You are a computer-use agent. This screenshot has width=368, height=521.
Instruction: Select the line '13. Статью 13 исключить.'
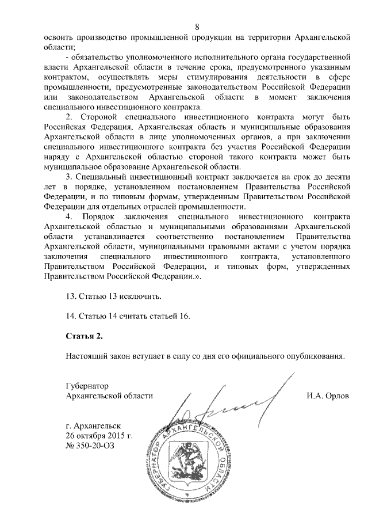pyautogui.click(x=114, y=296)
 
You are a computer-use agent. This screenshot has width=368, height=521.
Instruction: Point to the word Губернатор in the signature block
pyautogui.click(x=87, y=386)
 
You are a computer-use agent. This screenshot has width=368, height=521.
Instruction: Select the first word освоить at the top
pyautogui.click(x=60, y=37)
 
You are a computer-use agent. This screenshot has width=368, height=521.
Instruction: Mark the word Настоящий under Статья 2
pyautogui.click(x=87, y=356)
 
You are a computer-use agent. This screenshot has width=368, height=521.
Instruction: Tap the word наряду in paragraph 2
pyautogui.click(x=56, y=157)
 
